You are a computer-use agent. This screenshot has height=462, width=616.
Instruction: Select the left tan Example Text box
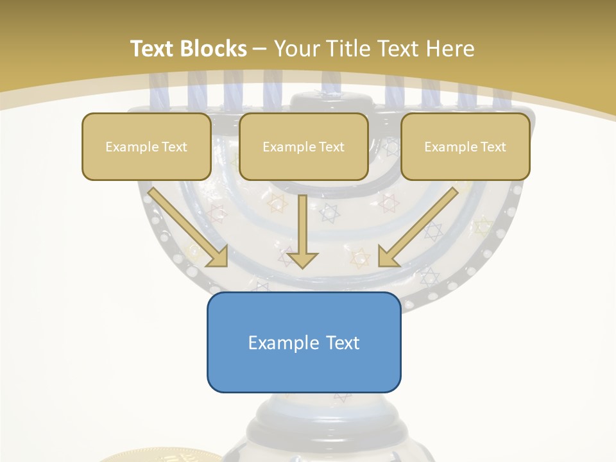tap(146, 146)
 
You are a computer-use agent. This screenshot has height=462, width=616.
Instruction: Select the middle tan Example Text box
tap(304, 146)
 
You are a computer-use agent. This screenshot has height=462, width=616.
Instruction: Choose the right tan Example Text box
tap(465, 146)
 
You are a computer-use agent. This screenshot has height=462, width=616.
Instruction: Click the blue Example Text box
tap(304, 342)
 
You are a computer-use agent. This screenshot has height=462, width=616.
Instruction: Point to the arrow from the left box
tap(188, 226)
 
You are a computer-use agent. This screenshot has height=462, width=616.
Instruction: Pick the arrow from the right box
tap(418, 226)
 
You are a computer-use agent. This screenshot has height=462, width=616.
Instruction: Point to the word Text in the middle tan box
tap(330, 146)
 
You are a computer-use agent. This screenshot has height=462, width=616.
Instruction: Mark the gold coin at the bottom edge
tap(160, 456)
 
